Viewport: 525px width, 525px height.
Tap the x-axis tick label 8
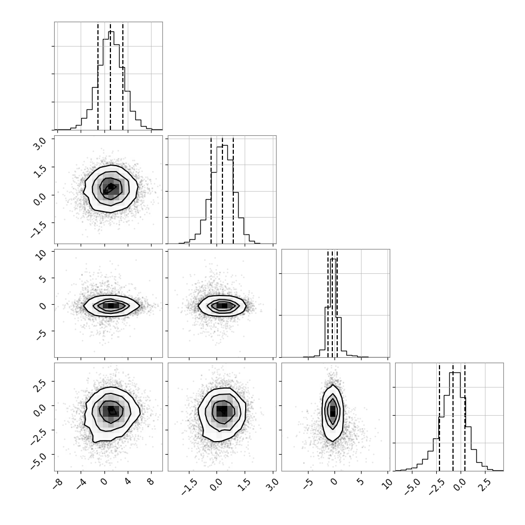(x=150, y=482)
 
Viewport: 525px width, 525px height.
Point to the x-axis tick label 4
(x=128, y=482)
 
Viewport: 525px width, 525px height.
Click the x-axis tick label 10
(x=386, y=484)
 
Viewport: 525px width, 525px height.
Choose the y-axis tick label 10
(x=41, y=255)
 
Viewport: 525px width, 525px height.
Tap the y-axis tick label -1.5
(x=38, y=230)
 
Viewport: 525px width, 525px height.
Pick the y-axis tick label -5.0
(x=38, y=461)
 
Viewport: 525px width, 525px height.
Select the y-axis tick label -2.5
(x=38, y=437)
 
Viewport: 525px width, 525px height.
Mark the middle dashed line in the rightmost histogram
(x=452, y=417)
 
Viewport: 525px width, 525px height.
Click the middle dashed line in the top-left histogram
(x=110, y=76)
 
